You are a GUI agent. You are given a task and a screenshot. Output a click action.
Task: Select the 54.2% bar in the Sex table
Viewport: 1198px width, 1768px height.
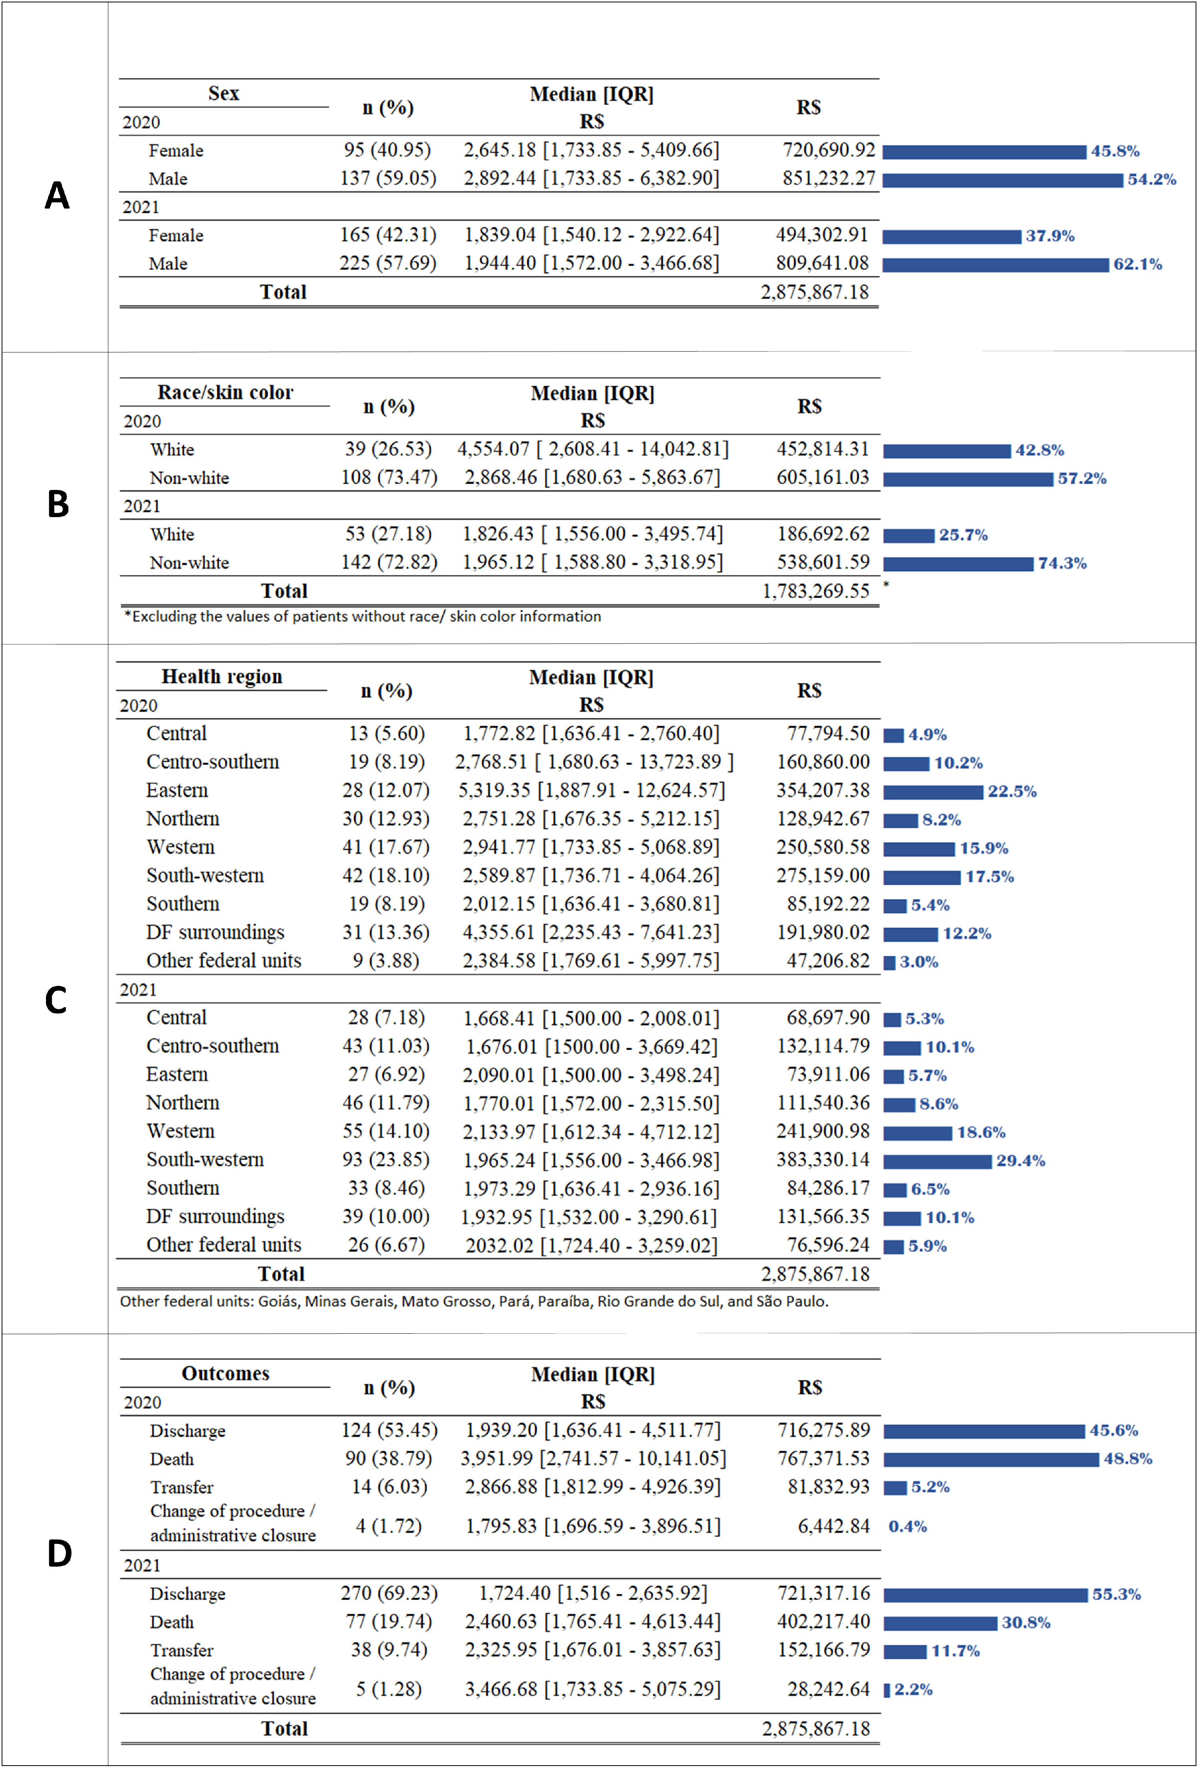coord(1003,180)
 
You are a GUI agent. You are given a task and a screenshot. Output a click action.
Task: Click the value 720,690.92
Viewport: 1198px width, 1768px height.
coord(829,150)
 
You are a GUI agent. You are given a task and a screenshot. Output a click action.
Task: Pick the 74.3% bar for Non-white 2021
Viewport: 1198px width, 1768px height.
coord(958,564)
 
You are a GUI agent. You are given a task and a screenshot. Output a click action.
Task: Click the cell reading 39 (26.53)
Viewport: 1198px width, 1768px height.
coord(388,449)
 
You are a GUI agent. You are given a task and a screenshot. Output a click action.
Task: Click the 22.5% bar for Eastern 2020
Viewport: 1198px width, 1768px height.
coord(933,792)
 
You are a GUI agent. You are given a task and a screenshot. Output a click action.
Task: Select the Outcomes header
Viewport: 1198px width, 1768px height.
coord(225,1373)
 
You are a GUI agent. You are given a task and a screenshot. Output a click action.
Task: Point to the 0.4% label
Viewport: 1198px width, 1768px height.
coord(907,1527)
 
